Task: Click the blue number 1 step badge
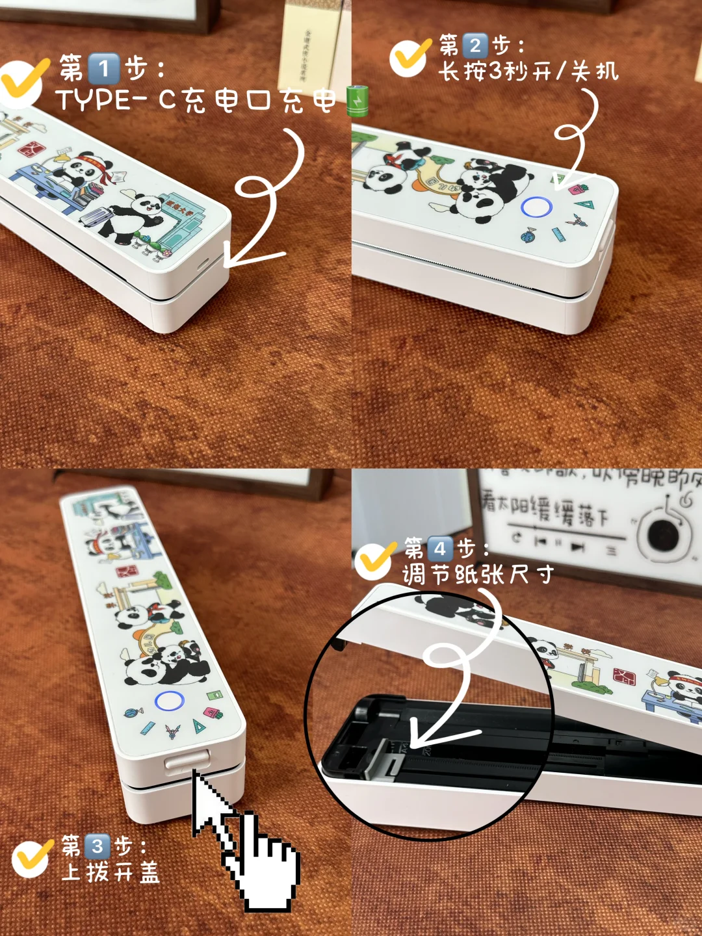(103, 69)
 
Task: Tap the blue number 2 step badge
(475, 45)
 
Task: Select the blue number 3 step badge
(97, 846)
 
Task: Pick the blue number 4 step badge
(439, 549)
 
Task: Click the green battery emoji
(357, 101)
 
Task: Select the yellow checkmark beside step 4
(374, 560)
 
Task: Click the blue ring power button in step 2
(536, 207)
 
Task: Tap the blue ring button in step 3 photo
(170, 701)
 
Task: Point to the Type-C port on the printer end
(202, 263)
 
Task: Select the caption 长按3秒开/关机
(528, 71)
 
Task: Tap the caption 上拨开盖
(110, 873)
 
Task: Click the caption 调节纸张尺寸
(478, 575)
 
